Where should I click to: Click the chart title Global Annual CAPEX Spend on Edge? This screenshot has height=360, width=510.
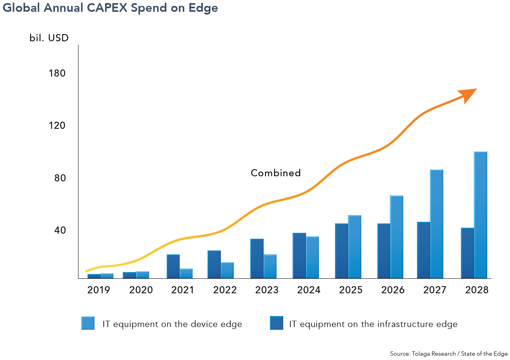110,9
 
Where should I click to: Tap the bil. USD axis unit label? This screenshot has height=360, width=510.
49,38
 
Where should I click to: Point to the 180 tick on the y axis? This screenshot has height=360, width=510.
57,73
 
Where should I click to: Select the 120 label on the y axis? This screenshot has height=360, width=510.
57,126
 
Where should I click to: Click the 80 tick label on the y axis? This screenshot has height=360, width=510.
59,178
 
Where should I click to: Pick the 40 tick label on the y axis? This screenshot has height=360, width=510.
59,230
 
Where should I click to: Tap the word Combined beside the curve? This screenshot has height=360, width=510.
276,173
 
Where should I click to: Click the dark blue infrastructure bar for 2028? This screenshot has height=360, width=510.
468,253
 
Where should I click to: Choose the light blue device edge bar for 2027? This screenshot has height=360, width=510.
437,224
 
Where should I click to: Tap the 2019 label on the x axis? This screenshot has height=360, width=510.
99,290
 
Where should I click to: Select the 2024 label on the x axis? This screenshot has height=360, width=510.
309,290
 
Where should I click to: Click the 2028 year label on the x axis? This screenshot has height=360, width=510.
477,290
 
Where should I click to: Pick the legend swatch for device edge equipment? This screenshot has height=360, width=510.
88,323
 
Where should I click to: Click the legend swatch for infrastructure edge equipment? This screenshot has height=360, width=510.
277,323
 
